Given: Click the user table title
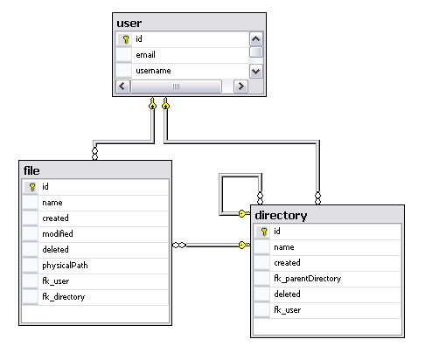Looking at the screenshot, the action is (129, 24).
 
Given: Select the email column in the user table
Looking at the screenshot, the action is (145, 55).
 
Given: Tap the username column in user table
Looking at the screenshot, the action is (153, 71).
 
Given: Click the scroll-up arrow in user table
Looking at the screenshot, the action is (256, 39).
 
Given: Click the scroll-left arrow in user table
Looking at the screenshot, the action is (122, 87).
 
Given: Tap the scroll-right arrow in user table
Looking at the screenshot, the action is (240, 87).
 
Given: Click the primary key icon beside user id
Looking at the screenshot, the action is (126, 39).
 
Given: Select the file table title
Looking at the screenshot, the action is (31, 170).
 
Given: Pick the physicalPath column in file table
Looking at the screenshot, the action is (65, 266).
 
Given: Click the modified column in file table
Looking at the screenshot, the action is (58, 233).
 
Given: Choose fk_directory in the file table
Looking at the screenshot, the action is (64, 297).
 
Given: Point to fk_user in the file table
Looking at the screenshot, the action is (56, 281).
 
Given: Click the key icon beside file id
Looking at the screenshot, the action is (32, 187).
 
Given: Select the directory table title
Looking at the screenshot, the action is (281, 216).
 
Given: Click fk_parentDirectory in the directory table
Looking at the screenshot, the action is (308, 279).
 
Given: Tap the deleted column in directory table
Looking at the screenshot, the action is (287, 294).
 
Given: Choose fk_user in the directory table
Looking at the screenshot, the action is (288, 310).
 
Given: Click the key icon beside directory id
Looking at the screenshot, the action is (264, 232).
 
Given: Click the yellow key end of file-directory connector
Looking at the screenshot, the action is (244, 245).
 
